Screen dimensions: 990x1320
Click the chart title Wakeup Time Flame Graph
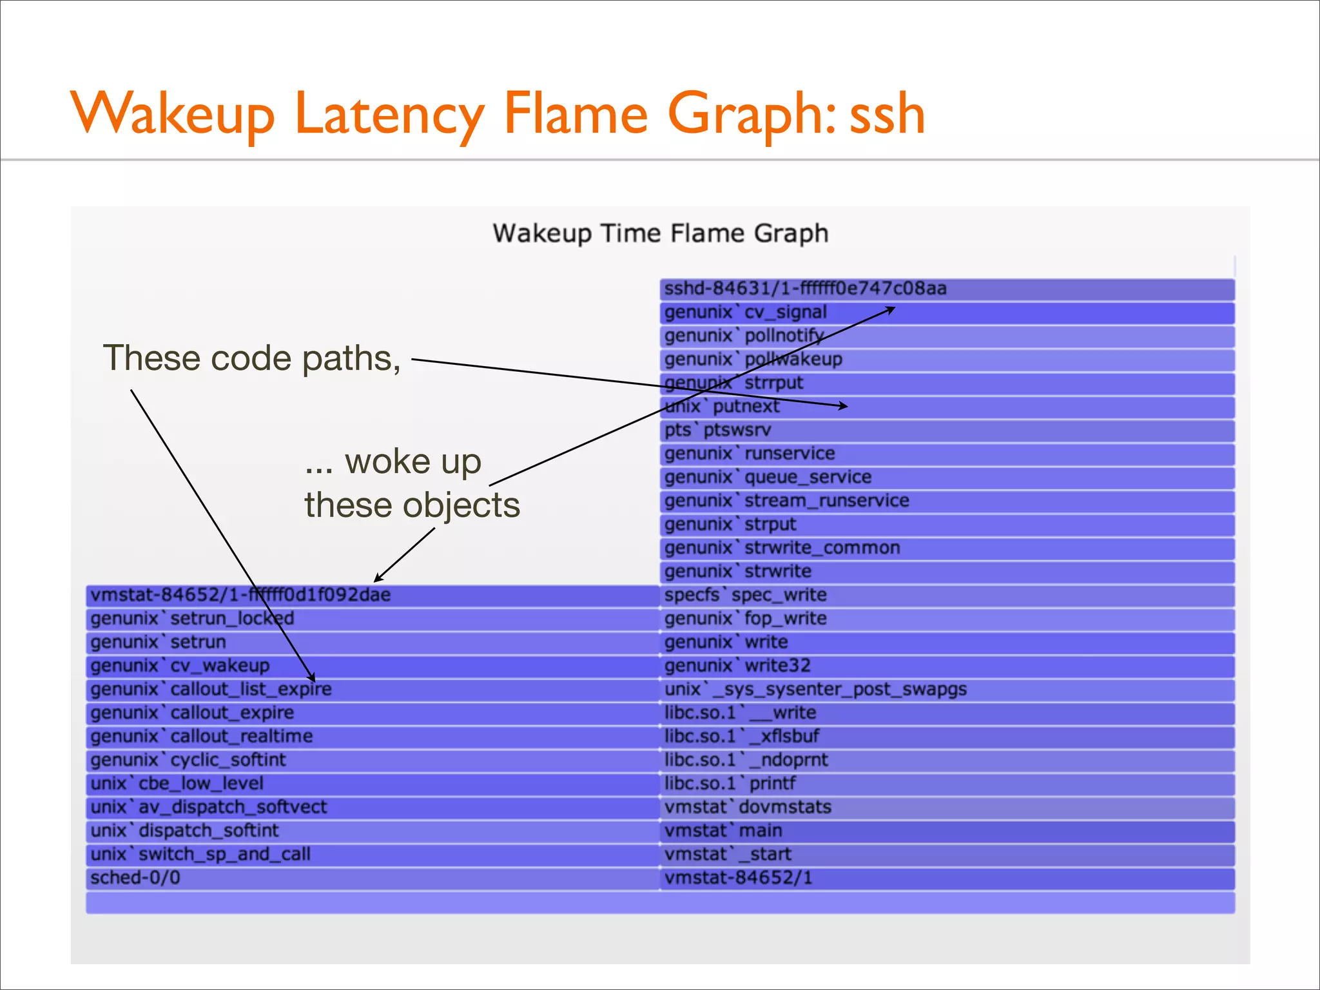click(x=660, y=233)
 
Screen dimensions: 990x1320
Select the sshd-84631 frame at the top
click(x=947, y=289)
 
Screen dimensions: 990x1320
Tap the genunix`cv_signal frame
click(x=947, y=313)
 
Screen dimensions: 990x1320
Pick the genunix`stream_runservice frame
click(x=947, y=501)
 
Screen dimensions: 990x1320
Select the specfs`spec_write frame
click(x=947, y=595)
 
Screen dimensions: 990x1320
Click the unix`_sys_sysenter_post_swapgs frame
click(x=947, y=690)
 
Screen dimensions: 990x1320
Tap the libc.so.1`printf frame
click(x=947, y=784)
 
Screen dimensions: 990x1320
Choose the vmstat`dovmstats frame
click(x=947, y=807)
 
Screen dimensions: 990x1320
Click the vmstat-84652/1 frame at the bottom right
click(x=947, y=878)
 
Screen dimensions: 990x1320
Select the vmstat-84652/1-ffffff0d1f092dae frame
click(x=373, y=595)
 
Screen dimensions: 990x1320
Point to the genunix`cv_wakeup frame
click(x=373, y=666)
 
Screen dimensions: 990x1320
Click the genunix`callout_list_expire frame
click(x=373, y=690)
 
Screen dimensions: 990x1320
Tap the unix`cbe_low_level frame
click(x=373, y=784)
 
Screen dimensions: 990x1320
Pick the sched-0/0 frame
click(x=373, y=878)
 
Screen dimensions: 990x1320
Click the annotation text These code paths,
click(x=252, y=358)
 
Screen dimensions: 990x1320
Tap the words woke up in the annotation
click(x=412, y=461)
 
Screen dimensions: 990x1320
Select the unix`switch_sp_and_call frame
click(x=373, y=855)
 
